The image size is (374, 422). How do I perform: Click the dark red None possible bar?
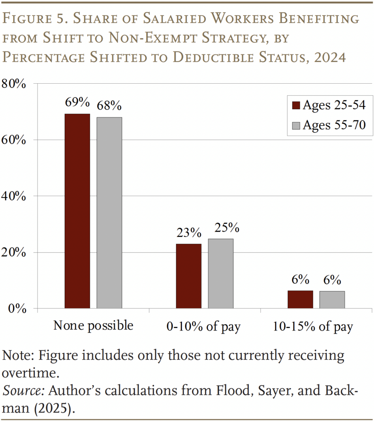tap(77, 211)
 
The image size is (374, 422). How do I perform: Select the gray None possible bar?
tap(109, 213)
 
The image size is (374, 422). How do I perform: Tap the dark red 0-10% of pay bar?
tap(188, 276)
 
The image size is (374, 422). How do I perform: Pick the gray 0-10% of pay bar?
tap(221, 273)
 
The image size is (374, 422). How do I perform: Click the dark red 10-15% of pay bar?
tap(300, 300)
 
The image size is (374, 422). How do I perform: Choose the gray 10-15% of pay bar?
tap(332, 300)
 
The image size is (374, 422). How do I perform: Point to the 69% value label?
tap(77, 102)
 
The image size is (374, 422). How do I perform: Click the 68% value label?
tap(109, 105)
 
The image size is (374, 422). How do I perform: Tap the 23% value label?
tap(189, 233)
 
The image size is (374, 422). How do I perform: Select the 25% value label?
tap(221, 227)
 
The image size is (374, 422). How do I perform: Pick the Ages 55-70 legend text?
tap(334, 125)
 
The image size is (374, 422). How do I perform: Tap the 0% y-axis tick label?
tap(17, 309)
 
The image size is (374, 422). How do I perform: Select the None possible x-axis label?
tap(93, 326)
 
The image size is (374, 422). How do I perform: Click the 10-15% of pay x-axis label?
tap(313, 327)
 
